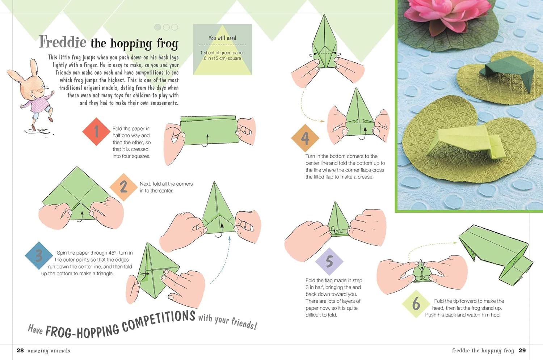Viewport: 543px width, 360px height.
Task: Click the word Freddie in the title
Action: coord(63,42)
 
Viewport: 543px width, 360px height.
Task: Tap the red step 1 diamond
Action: coord(96,131)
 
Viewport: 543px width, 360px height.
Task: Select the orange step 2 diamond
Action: coord(123,187)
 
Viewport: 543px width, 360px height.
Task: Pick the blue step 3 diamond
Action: coord(39,256)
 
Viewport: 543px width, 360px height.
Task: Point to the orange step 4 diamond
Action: coord(305,138)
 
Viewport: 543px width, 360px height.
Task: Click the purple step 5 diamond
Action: coord(329,261)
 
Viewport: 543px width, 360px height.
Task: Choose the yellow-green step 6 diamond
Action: coord(416,304)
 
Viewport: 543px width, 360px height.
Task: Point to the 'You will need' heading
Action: coord(222,38)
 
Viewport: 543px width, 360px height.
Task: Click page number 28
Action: coord(20,350)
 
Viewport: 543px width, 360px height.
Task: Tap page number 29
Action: coord(522,350)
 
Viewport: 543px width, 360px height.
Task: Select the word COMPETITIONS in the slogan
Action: coord(159,321)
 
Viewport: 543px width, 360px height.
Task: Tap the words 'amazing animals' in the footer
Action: coord(49,351)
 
